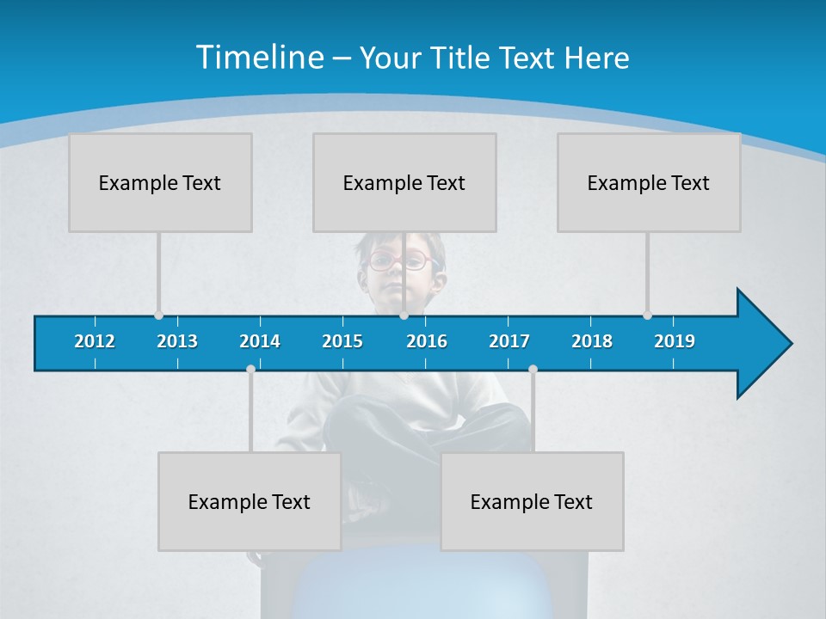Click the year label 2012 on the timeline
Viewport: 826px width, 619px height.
95,341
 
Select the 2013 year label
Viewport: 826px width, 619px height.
177,341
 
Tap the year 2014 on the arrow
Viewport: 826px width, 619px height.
260,341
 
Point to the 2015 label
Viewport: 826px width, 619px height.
342,341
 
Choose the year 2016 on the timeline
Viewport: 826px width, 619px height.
427,341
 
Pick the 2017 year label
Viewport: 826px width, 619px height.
509,341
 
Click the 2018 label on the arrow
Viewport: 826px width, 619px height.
592,341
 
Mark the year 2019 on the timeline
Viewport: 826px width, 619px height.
675,341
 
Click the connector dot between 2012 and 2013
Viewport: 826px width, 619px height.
158,316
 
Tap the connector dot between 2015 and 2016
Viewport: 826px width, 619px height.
404,316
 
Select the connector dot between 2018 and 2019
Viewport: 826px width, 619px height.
647,316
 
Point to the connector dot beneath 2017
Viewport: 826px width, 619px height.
533,369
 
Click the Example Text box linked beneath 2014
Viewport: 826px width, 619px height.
250,501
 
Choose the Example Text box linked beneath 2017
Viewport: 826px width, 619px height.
532,501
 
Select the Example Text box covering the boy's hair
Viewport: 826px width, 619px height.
404,182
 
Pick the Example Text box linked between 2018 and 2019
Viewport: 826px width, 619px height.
649,182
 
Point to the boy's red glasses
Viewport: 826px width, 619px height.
398,260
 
